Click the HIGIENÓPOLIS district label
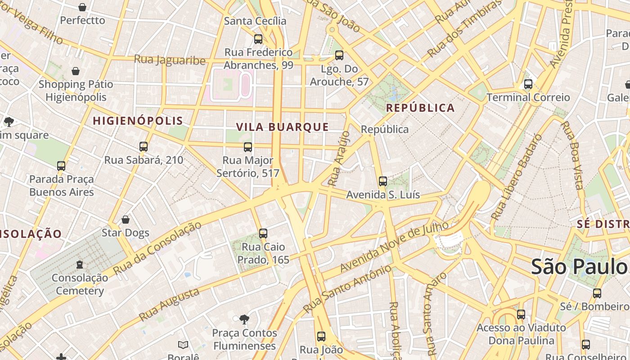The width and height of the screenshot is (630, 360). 138,121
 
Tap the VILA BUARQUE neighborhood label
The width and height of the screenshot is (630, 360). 283,127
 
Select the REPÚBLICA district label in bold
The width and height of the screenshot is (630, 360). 420,108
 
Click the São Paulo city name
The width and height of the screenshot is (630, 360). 579,267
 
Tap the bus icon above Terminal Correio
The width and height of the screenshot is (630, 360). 528,84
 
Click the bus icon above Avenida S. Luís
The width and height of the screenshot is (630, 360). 383,181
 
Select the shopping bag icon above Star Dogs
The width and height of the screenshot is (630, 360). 126,220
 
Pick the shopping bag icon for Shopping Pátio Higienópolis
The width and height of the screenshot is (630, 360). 76,71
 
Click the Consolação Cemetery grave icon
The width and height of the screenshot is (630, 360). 80,264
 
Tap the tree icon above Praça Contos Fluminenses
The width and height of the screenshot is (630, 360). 244,319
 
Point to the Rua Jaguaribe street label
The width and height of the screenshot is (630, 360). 170,60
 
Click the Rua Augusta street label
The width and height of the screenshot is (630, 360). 169,305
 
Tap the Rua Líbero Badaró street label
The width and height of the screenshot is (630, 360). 517,177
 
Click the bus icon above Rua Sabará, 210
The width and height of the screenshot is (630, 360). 144,147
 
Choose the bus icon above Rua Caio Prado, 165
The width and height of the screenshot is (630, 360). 263,234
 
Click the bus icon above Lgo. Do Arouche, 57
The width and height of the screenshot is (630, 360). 339,55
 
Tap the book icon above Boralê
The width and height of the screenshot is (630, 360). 183,345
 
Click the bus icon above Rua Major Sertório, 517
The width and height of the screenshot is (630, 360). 248,147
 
